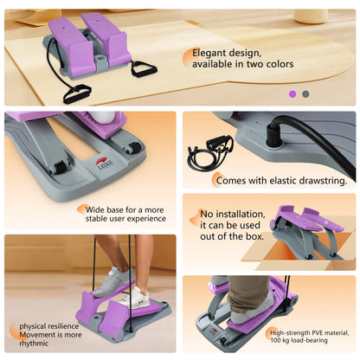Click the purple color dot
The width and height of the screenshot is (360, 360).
click(292, 94)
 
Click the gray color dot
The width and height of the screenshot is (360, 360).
click(305, 94)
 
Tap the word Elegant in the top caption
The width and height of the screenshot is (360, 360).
click(210, 54)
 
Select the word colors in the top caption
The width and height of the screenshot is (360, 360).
click(280, 64)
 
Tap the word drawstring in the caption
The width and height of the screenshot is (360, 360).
click(323, 181)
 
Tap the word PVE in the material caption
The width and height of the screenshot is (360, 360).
click(318, 332)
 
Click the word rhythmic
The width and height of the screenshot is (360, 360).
click(34, 344)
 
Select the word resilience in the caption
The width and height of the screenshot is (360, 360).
click(63, 326)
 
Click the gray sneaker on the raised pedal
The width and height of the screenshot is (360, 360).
click(112, 282)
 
